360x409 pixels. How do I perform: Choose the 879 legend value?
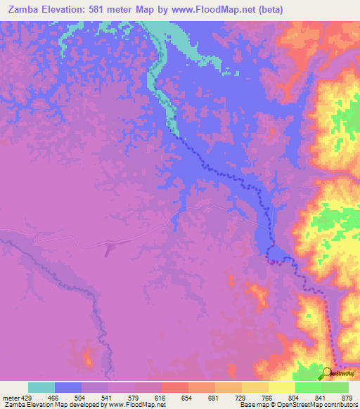click(347, 396)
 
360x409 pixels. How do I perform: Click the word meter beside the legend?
click(10, 396)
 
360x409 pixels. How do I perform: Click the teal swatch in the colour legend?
click(41, 387)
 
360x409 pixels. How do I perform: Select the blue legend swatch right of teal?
click(68, 387)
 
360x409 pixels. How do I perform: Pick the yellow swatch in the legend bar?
click(282, 387)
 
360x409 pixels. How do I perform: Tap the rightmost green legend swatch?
click(335, 387)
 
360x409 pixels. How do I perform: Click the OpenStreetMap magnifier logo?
click(327, 373)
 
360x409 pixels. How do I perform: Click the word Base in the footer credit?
click(246, 405)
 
